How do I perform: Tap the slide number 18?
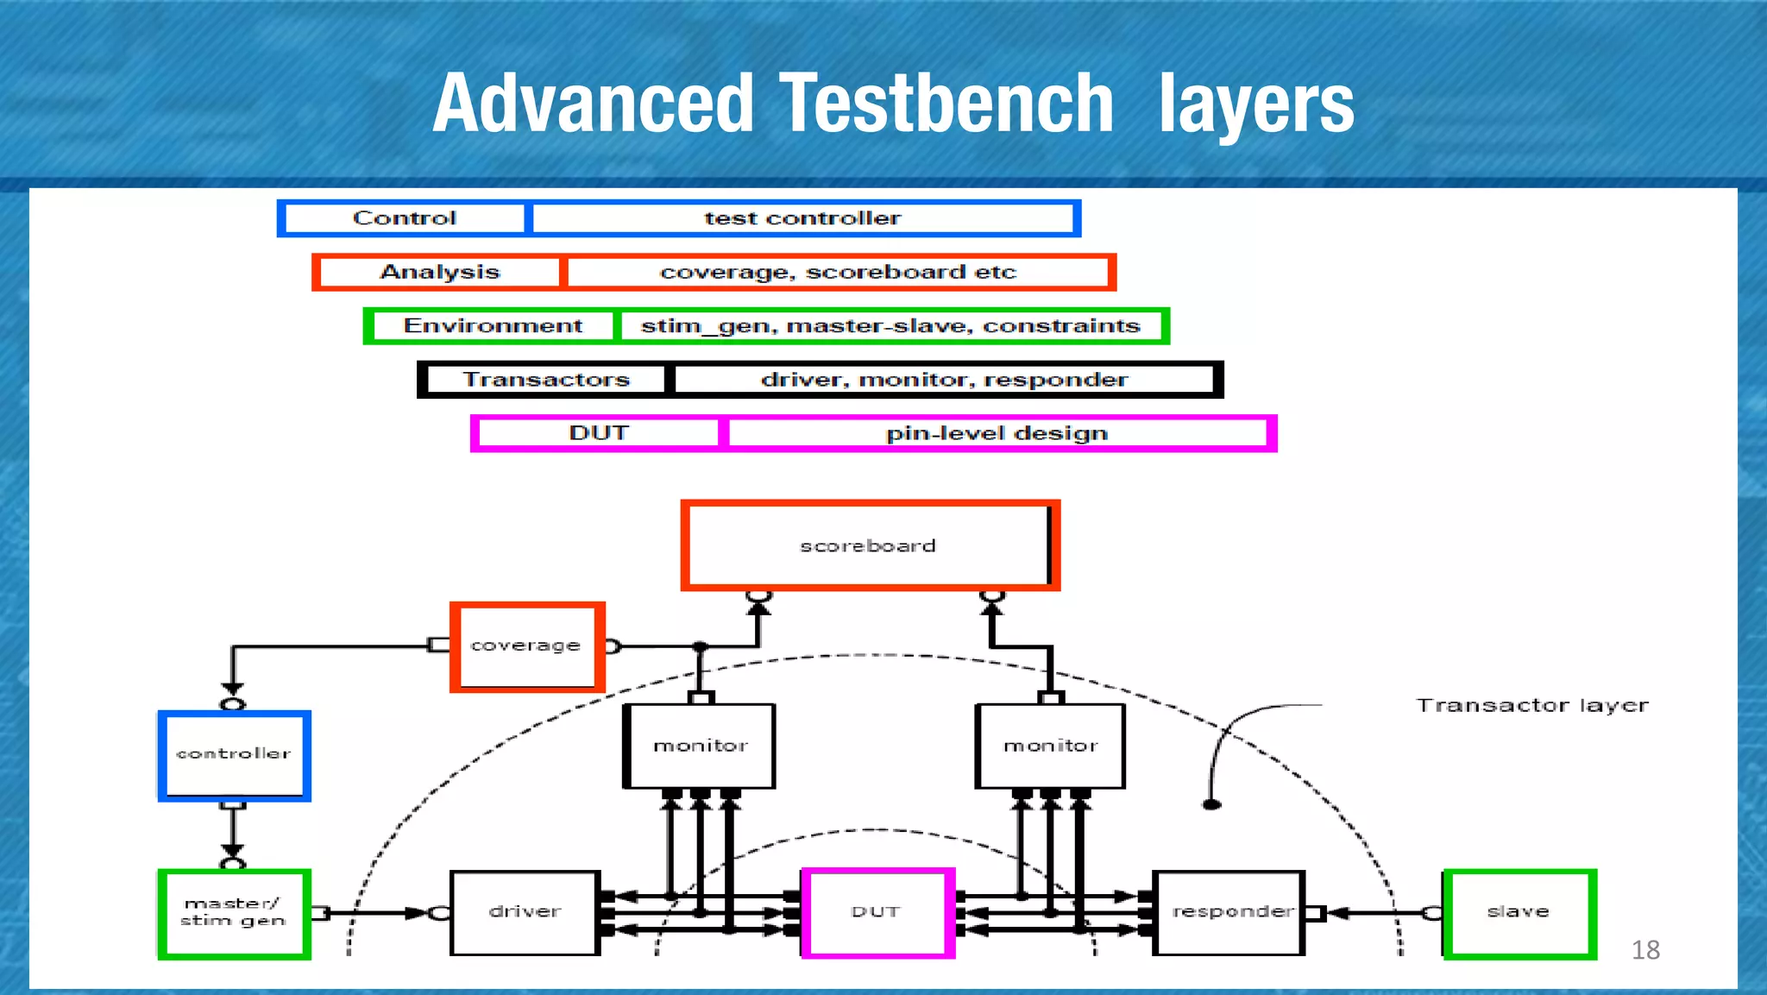[1644, 950]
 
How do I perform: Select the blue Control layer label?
[404, 218]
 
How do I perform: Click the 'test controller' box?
[802, 218]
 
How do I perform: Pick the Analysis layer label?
[439, 272]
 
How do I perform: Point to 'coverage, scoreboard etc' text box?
[838, 272]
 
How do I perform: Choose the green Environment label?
[492, 326]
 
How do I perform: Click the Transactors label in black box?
[546, 380]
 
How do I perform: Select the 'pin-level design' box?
[997, 433]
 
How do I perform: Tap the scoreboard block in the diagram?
[869, 545]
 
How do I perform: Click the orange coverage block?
[526, 646]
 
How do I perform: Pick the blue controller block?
[234, 755]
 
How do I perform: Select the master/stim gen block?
[233, 913]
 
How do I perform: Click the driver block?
[525, 912]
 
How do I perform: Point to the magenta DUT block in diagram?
[877, 912]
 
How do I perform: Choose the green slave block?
[1519, 913]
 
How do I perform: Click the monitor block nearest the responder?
[1050, 746]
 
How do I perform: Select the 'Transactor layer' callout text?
[1531, 706]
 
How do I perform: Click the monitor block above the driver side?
[700, 746]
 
